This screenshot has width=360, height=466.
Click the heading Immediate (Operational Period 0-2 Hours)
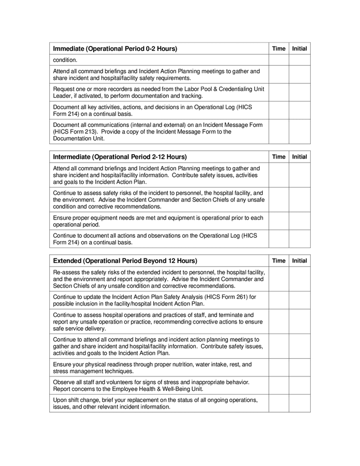(115, 49)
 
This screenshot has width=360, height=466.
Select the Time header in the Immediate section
(279, 49)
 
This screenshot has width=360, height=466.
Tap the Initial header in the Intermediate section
(299, 157)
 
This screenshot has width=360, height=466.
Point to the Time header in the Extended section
(279, 261)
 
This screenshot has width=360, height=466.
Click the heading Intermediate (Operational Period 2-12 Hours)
(120, 157)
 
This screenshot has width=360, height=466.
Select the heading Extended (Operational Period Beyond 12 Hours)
(125, 261)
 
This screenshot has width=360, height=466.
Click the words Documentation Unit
(79, 138)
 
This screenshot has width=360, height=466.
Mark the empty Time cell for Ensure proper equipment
(279, 221)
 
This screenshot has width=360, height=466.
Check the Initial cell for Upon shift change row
(299, 403)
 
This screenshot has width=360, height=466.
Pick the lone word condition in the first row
(65, 60)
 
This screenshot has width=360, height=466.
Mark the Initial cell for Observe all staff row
(299, 385)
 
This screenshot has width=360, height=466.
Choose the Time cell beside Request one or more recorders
(279, 92)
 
